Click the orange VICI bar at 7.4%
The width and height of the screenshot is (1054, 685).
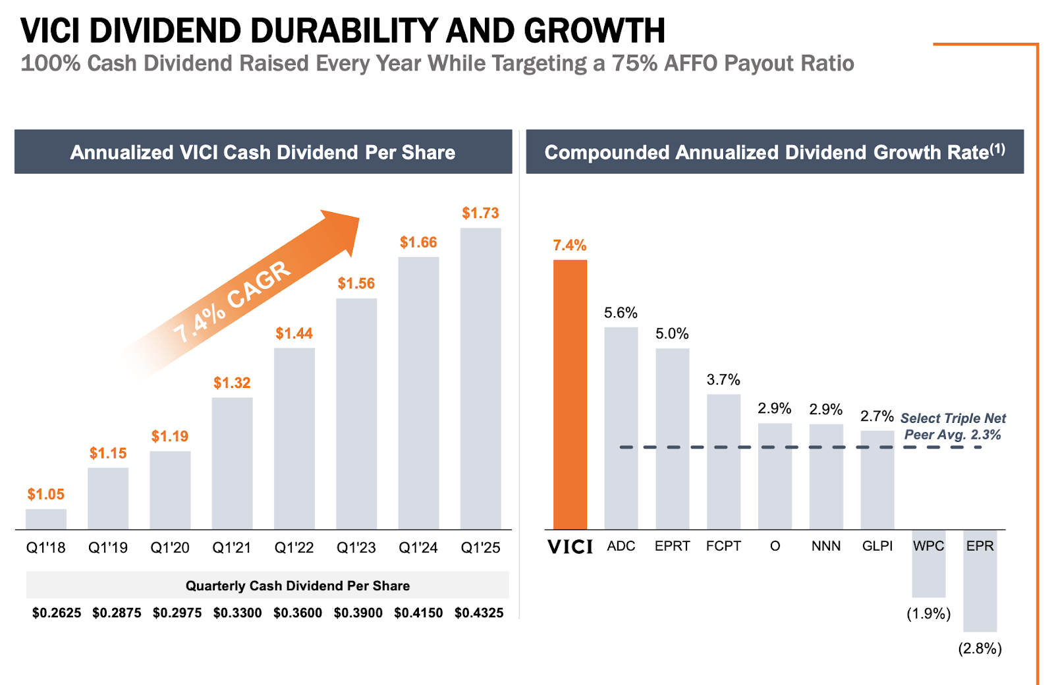point(570,395)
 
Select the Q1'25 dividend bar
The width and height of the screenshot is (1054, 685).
point(480,379)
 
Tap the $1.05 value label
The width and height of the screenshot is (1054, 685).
point(46,494)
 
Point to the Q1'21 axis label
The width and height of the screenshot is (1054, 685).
point(232,547)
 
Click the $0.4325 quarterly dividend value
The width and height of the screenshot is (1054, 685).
point(479,613)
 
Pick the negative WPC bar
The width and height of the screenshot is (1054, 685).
point(928,564)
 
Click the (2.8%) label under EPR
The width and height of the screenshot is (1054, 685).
point(980,649)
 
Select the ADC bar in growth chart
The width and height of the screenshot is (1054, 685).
point(621,428)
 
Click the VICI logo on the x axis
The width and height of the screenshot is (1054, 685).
point(570,547)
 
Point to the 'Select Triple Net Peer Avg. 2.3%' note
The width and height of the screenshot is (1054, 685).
point(953,426)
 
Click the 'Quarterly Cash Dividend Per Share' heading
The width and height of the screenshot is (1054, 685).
point(298,586)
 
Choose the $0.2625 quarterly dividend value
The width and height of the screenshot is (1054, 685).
point(57,613)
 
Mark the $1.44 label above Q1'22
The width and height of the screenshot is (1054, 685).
point(294,333)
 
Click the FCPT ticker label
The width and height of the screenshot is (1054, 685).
point(723,546)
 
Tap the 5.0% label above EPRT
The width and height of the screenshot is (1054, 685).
point(672,333)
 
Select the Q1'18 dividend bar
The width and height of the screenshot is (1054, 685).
point(46,519)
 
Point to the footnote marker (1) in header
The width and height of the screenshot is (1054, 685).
point(998,149)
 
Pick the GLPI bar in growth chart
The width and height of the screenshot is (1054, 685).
point(877,480)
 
